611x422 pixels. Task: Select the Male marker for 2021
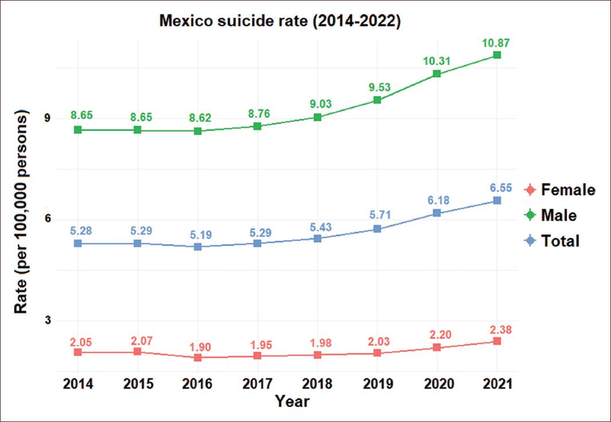(497, 55)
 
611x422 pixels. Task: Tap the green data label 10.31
(437, 61)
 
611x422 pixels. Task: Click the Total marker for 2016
(198, 247)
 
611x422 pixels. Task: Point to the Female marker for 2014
(77, 352)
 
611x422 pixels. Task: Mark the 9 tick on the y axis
(48, 119)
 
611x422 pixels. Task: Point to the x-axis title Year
(292, 402)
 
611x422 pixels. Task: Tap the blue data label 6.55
(497, 187)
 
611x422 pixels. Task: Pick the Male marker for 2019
(377, 100)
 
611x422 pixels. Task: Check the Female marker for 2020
(437, 347)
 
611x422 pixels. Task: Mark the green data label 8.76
(257, 113)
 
